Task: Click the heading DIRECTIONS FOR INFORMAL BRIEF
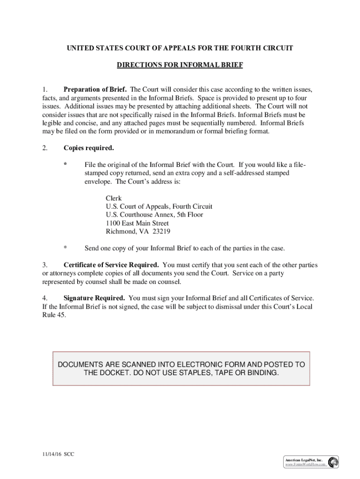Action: [x=180, y=65]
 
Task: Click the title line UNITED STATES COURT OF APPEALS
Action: [x=180, y=48]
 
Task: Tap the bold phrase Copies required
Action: [x=88, y=148]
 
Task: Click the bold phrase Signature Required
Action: [x=94, y=298]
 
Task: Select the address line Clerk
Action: [x=114, y=198]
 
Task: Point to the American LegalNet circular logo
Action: [x=333, y=463]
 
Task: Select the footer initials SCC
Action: [x=69, y=454]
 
